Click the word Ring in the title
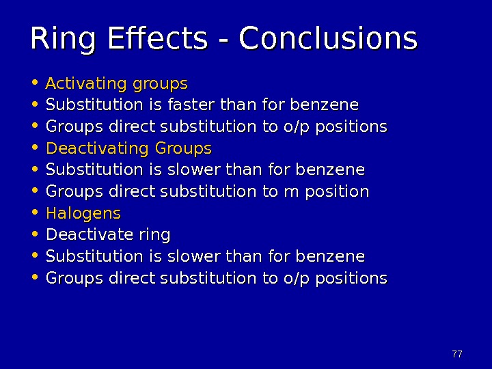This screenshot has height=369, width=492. click(x=60, y=40)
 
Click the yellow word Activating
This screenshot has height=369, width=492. click(x=85, y=84)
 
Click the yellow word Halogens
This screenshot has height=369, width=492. click(x=83, y=213)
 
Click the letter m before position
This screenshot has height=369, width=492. click(x=290, y=191)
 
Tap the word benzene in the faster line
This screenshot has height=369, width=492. click(x=325, y=105)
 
